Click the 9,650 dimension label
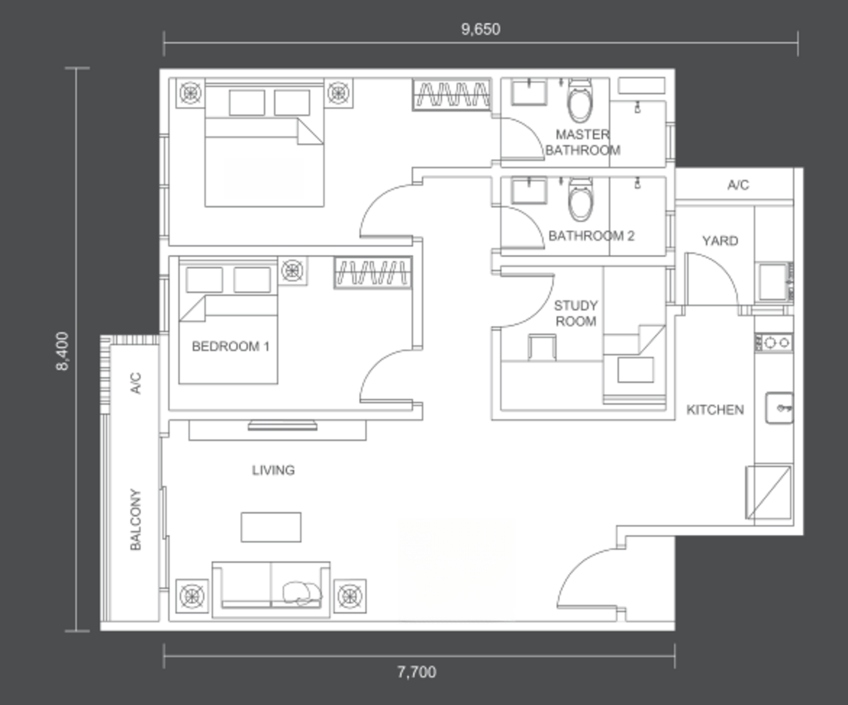coord(481,29)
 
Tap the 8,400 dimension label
coord(63,351)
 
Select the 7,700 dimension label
coord(417,672)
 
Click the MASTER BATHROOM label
coord(583,142)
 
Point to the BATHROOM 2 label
coord(591,236)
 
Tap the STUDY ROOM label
coord(576,313)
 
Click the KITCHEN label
coord(715,410)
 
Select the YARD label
coord(720,240)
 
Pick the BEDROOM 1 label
coord(231,346)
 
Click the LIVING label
coord(273,470)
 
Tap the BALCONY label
coord(136,519)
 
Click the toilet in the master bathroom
coord(580,100)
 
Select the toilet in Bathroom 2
coord(580,200)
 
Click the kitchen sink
coord(780,408)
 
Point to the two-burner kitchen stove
coord(774,343)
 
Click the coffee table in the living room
coord(271,527)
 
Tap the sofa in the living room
coord(271,590)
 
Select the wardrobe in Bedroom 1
coord(373,272)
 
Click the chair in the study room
coord(542,347)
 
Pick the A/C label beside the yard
coord(738,185)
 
